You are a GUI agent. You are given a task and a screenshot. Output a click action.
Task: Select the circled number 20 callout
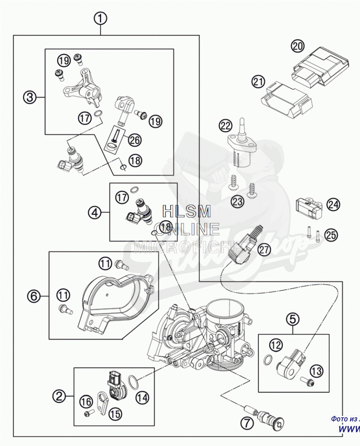pyautogui.click(x=298, y=46)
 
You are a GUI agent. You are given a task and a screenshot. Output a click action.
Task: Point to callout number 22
pyautogui.click(x=225, y=126)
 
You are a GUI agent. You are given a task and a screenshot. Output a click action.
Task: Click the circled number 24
pyautogui.click(x=333, y=204)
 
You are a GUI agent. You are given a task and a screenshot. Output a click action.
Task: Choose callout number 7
pyautogui.click(x=247, y=423)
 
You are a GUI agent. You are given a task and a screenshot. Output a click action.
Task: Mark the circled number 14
pyautogui.click(x=142, y=398)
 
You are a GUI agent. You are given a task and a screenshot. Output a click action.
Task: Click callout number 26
pyautogui.click(x=135, y=140)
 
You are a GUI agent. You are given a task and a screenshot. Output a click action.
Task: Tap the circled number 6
pyautogui.click(x=33, y=296)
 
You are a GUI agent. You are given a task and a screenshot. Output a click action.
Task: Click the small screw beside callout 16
pyautogui.click(x=87, y=413)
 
